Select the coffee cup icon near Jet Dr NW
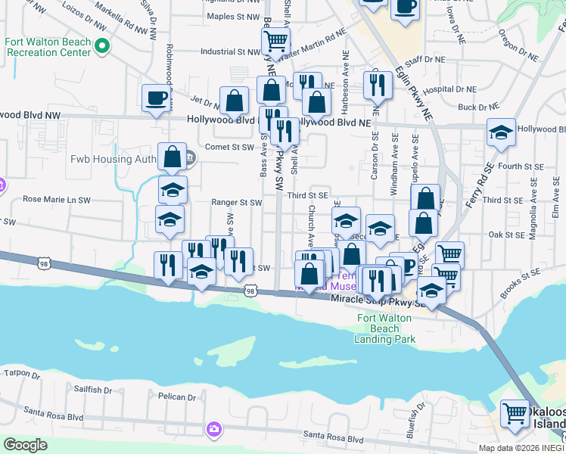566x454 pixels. pyautogui.click(x=157, y=98)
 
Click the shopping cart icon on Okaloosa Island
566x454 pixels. pyautogui.click(x=515, y=413)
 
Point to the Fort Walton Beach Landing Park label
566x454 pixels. pyautogui.click(x=384, y=329)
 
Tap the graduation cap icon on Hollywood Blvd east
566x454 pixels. pyautogui.click(x=500, y=132)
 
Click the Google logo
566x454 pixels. pyautogui.click(x=25, y=444)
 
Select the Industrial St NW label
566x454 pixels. pyautogui.click(x=230, y=52)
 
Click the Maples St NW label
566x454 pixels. pyautogui.click(x=233, y=16)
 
